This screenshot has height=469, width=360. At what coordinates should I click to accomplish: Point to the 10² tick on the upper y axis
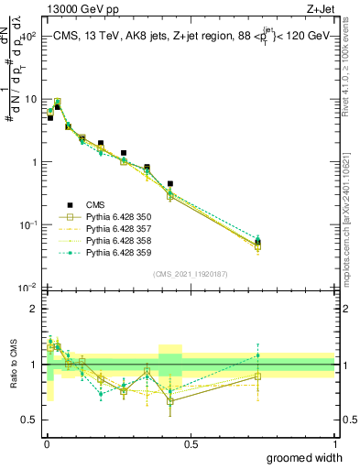pos(27,37)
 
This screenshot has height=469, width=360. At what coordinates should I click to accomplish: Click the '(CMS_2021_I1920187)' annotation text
pos(190,274)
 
